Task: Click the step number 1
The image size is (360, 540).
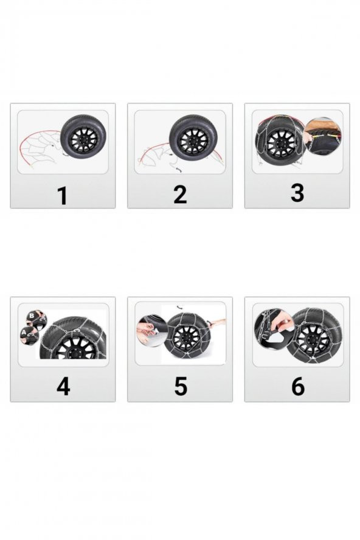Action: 62,196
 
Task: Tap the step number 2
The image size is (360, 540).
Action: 179,195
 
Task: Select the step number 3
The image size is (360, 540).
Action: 297,192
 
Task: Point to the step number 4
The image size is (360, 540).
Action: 63,387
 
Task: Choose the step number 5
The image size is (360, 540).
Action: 180,387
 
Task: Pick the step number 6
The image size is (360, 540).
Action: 297,387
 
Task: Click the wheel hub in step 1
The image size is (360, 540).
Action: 83,138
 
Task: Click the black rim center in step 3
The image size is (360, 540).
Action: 280,144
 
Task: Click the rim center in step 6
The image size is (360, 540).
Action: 314,335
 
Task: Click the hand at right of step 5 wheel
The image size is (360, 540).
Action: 218,323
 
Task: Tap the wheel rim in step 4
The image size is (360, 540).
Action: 76,350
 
